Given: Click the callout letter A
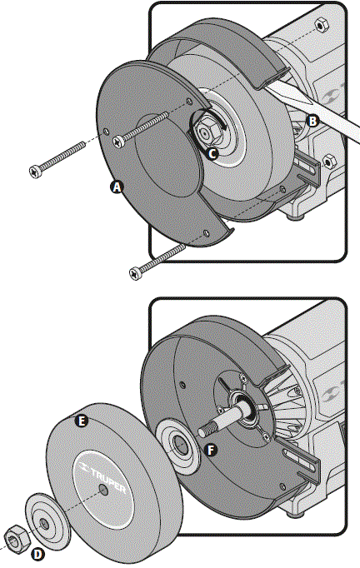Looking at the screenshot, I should [117, 188].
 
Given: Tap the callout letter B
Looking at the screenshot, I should [312, 120].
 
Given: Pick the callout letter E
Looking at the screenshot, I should [81, 421].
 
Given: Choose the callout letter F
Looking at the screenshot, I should [211, 450].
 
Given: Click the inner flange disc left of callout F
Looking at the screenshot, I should [177, 444].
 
